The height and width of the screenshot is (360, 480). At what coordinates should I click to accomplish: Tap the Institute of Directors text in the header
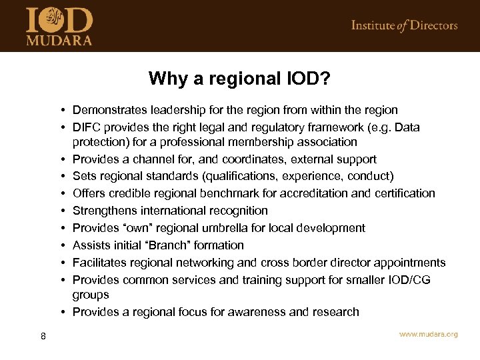pyautogui.click(x=405, y=26)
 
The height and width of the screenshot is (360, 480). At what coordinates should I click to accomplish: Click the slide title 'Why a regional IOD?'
pyautogui.click(x=239, y=79)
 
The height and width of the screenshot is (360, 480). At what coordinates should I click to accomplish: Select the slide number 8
pyautogui.click(x=43, y=336)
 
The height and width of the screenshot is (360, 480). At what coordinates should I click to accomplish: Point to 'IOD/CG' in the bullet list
pyautogui.click(x=409, y=280)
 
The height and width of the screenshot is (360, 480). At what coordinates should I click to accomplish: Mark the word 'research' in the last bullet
pyautogui.click(x=335, y=312)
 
